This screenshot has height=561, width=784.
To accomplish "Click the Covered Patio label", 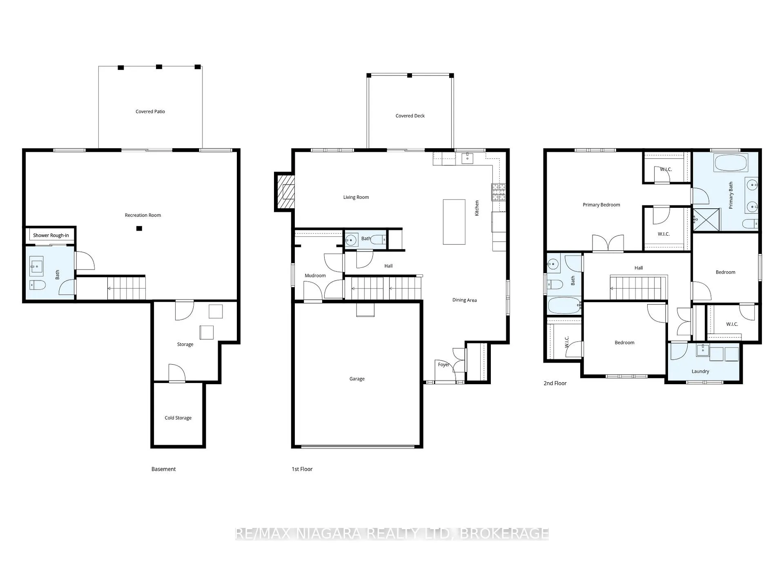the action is pos(150,111).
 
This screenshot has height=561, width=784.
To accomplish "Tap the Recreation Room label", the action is pos(143,215).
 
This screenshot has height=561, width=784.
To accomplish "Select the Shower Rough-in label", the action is pos(51,235).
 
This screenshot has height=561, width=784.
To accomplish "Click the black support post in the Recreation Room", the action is pos(139,228).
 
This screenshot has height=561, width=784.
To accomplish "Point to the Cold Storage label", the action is pos(178,418).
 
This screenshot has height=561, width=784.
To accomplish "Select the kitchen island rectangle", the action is pos(454,222).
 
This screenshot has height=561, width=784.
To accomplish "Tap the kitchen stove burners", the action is pos(499,192).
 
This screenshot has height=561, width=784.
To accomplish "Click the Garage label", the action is pos(357,379).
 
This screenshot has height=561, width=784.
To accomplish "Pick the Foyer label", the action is pos(443,365).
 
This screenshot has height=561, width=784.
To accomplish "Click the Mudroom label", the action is pos(315,276).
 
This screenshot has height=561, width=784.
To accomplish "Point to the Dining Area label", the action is pos(465,300).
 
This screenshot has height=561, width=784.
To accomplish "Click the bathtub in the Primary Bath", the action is pos(731,163).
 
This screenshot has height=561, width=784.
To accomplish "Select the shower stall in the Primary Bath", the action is pos(706,220).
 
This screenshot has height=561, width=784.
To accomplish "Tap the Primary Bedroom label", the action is pos(601,205).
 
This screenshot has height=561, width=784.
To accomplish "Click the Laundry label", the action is pos(700,372).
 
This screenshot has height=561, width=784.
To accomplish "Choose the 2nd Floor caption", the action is pos(555,383).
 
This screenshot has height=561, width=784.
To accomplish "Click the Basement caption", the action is pos(163,469).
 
